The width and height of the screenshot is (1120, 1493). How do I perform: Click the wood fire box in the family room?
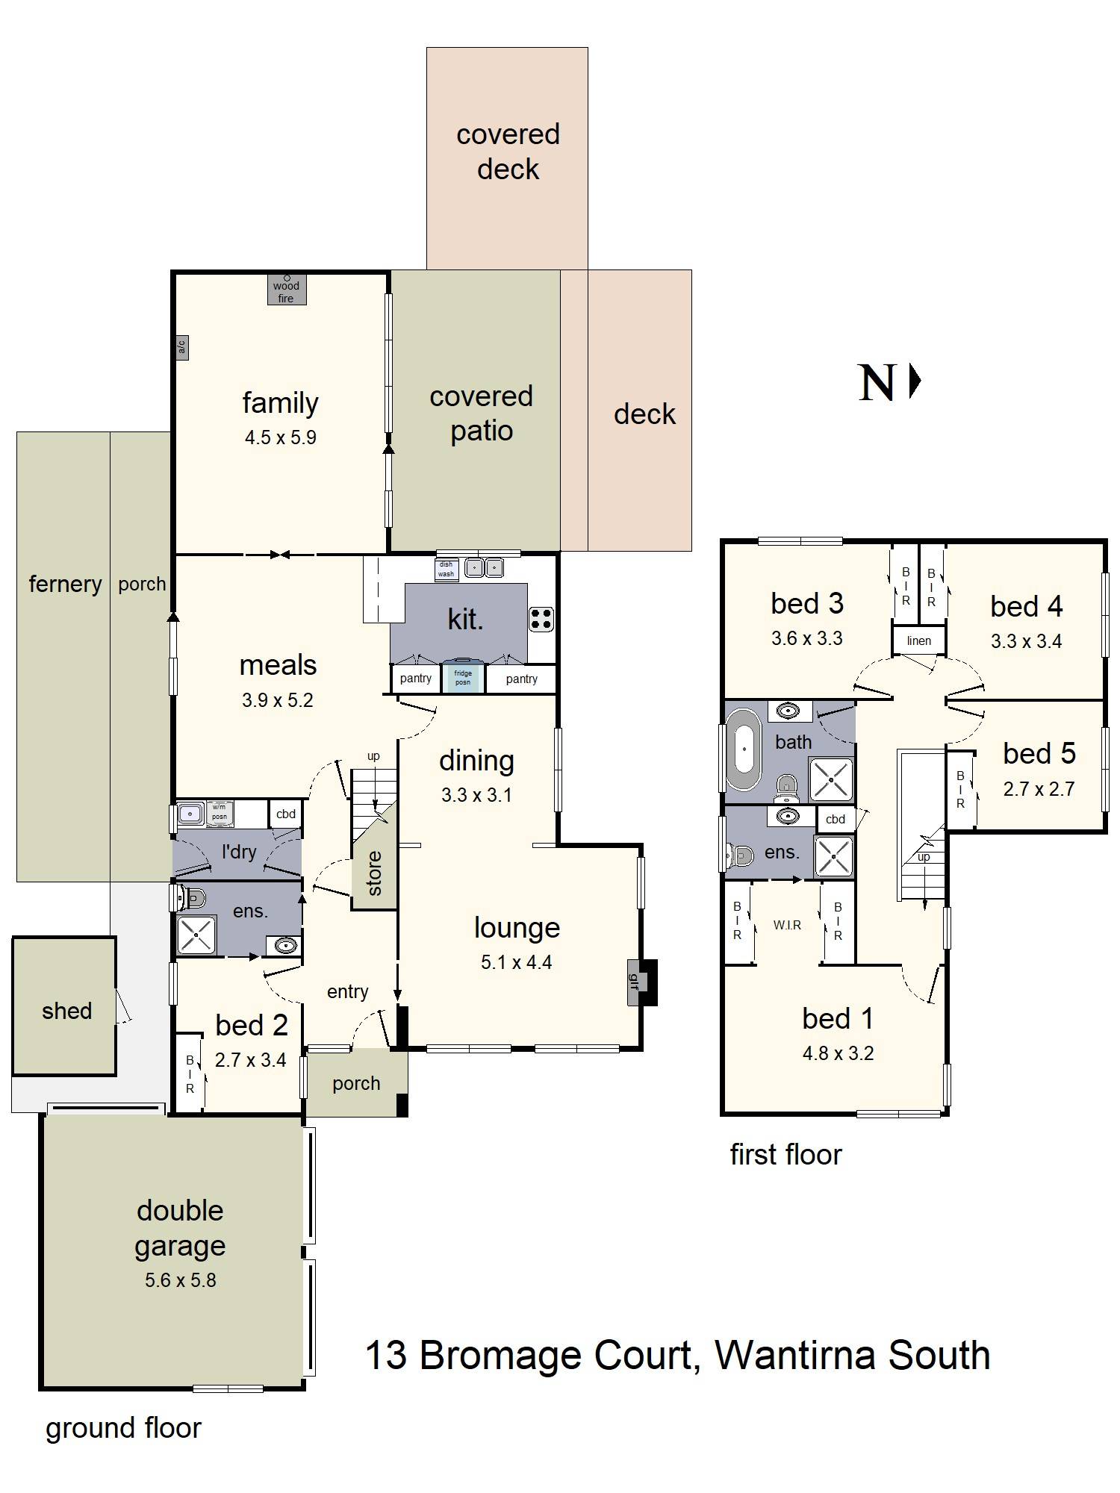tap(287, 290)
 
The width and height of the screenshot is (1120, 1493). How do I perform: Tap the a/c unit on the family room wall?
tap(181, 348)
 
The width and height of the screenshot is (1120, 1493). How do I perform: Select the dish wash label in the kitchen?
tap(446, 570)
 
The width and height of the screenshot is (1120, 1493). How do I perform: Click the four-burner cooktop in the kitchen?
tap(541, 619)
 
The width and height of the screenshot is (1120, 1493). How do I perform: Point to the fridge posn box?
tap(463, 677)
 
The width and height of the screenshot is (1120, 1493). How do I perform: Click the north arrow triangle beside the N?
tap(915, 382)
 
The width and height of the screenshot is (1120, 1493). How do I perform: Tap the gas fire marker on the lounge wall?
tap(635, 981)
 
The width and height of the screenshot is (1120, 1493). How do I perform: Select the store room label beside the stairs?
tap(374, 873)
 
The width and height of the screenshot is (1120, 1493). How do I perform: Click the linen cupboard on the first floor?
tap(919, 640)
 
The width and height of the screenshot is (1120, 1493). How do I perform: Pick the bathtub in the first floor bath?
tap(744, 749)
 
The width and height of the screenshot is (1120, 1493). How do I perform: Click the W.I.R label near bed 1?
tap(787, 925)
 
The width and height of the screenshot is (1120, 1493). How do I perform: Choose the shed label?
tap(66, 1011)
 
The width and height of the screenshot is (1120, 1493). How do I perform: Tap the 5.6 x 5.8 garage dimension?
tap(181, 1280)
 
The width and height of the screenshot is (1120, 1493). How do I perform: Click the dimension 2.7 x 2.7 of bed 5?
tap(1039, 789)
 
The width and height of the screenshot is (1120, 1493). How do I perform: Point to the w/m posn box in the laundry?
tap(219, 811)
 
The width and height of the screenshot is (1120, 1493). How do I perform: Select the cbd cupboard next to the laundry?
tap(286, 814)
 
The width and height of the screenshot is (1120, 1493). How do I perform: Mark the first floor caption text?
tap(785, 1155)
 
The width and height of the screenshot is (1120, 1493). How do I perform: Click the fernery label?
tap(65, 584)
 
